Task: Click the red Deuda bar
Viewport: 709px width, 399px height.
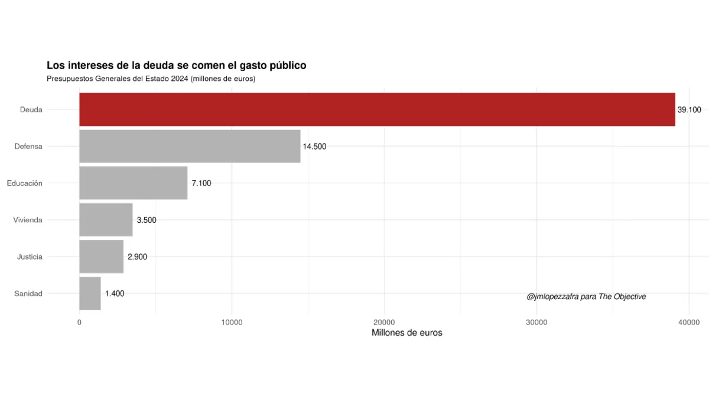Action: click(x=377, y=109)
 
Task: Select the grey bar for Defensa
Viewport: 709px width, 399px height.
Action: click(x=190, y=146)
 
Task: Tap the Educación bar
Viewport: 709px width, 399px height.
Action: click(x=133, y=183)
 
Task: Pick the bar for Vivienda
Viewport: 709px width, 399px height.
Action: click(x=106, y=220)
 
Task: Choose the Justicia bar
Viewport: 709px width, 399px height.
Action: click(x=101, y=257)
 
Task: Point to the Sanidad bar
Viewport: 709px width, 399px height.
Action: click(x=90, y=293)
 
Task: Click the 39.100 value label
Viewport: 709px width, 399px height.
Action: click(x=689, y=110)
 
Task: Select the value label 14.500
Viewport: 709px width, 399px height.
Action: click(x=314, y=147)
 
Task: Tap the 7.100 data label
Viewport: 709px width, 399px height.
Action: click(x=201, y=183)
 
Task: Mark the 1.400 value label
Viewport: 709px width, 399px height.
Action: click(x=115, y=294)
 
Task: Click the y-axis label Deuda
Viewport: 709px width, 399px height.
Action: click(x=31, y=109)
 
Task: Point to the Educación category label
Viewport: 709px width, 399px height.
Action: click(x=25, y=183)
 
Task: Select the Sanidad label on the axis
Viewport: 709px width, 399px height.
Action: click(x=28, y=294)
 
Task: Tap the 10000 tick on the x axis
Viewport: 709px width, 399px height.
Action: click(x=232, y=322)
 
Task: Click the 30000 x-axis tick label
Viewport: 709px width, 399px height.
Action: click(x=536, y=322)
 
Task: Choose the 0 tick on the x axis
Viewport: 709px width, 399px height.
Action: click(x=79, y=322)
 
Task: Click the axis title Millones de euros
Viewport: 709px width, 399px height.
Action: click(x=406, y=333)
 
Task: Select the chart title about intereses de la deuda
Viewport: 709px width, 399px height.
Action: click(x=176, y=65)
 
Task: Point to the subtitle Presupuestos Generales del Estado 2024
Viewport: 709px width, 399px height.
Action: click(x=151, y=78)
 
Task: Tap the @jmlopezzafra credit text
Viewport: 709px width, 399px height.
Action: click(x=586, y=297)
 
